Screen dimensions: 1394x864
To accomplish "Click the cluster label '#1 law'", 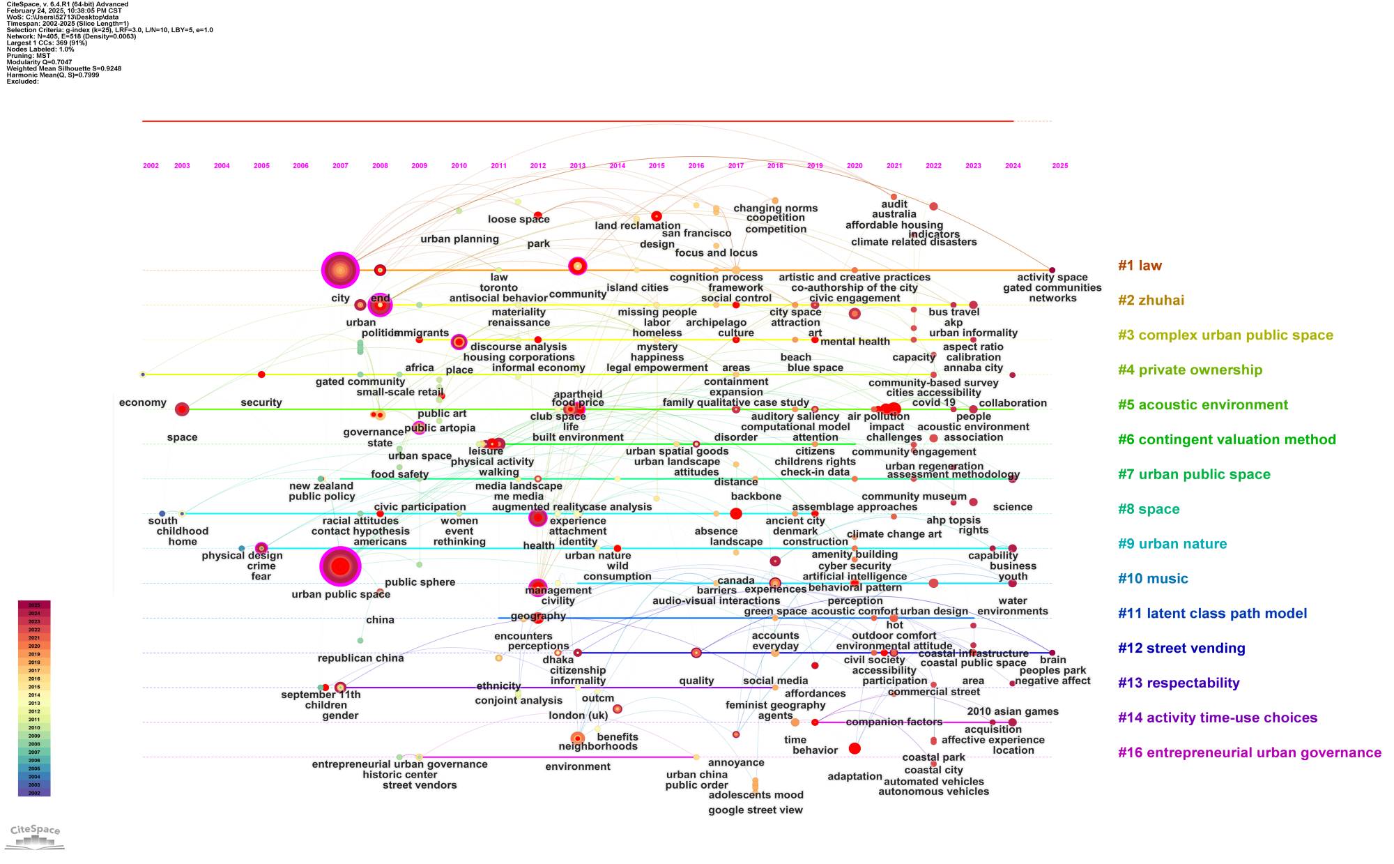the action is tap(1140, 266).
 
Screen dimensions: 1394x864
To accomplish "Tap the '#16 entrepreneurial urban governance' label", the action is tap(1249, 753).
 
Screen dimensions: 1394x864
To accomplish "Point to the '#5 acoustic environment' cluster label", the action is tap(1203, 405).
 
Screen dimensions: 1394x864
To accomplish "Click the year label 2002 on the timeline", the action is tap(151, 166).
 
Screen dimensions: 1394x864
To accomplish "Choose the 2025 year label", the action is tap(1059, 166).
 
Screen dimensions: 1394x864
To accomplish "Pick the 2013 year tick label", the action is tap(577, 166).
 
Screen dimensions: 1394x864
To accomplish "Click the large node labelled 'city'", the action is tap(340, 270).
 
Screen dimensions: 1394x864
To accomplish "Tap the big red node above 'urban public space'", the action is tap(340, 566).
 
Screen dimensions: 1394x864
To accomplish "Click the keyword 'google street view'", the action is tap(756, 810).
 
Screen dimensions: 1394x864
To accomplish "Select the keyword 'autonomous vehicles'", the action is tap(933, 791).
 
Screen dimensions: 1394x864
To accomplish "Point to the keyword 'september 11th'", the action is tap(321, 695).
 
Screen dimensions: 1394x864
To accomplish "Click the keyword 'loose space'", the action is tap(519, 220).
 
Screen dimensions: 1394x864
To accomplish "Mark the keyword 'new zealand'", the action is tap(321, 486).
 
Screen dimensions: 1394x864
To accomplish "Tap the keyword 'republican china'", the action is tap(360, 658).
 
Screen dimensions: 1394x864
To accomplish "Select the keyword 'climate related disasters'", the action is tap(914, 242).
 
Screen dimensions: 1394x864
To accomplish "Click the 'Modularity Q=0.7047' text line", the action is tap(39, 62).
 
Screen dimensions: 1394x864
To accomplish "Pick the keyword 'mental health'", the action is tap(855, 342).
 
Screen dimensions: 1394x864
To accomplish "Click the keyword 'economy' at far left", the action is tap(143, 403).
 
